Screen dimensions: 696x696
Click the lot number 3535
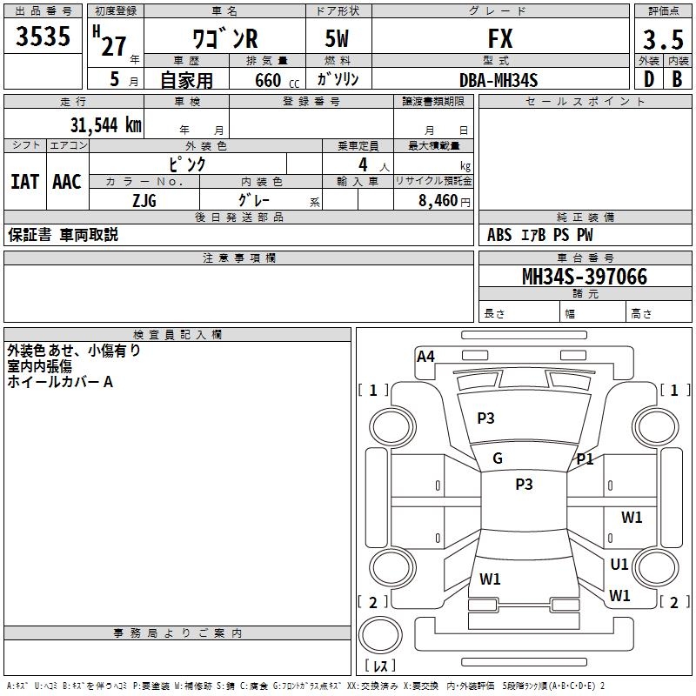pos(43,36)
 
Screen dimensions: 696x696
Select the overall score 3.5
pos(663,40)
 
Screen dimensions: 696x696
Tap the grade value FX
pos(500,38)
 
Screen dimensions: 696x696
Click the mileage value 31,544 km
pos(105,125)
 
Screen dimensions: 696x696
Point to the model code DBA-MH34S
pos(499,80)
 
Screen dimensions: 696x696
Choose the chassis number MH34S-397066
pos(585,277)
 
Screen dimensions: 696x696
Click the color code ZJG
pos(144,201)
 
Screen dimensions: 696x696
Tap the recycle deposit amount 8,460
pos(438,201)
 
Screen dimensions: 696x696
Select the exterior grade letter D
pos(649,79)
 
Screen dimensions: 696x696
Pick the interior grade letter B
pos(677,79)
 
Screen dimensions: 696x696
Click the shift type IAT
pos(25,182)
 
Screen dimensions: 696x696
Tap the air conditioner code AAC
pos(67,182)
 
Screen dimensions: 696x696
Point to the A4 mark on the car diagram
pos(425,357)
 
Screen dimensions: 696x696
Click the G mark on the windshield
pos(498,458)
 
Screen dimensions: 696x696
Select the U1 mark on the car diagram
pos(619,564)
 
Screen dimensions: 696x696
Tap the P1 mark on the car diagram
pos(585,459)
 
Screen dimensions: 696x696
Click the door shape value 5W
pos(337,38)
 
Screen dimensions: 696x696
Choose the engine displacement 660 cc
pos(277,80)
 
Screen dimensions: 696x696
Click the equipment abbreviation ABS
pos(499,235)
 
